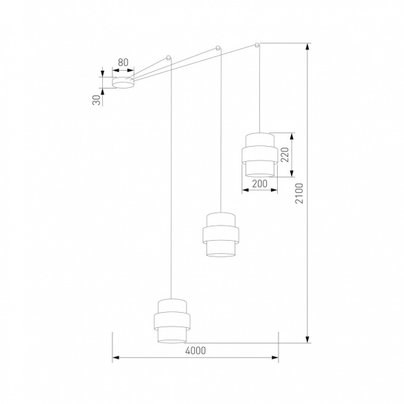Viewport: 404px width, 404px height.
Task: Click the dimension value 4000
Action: pos(195,350)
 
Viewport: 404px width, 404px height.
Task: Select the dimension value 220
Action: pos(285,154)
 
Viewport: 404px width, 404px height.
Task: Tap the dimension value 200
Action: pos(259,184)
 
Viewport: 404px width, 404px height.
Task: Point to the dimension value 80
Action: pos(123,63)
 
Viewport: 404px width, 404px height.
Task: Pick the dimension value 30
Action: pos(97,99)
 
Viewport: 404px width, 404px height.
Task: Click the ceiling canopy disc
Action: pos(123,83)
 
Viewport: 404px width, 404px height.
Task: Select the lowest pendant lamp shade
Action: pos(169,319)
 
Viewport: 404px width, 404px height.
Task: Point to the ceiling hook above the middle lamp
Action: pos(218,48)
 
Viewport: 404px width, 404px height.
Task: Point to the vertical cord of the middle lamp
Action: pos(219,137)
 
